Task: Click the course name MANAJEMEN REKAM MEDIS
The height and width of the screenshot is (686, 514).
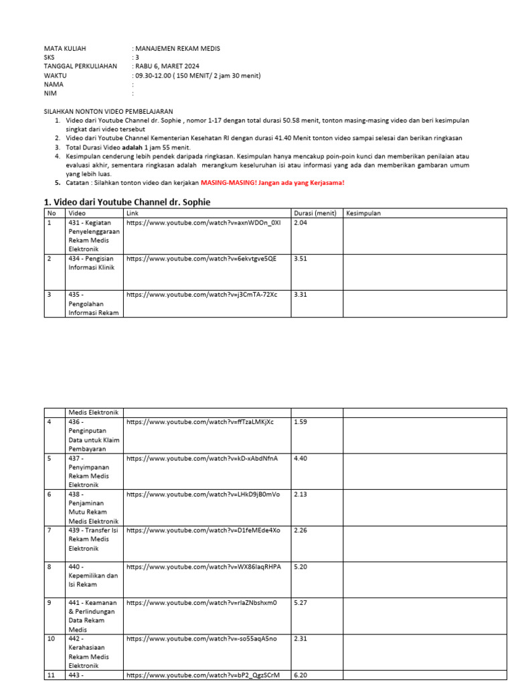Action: (177, 48)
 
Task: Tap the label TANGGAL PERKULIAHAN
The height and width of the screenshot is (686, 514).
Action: (80, 66)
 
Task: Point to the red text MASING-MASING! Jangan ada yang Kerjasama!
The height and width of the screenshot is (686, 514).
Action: (272, 182)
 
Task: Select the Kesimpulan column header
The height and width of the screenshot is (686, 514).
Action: (363, 213)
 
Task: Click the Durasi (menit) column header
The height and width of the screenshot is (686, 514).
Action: (315, 213)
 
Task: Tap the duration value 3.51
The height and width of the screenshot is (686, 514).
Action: (301, 258)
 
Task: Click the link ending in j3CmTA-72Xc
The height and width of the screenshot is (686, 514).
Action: (201, 294)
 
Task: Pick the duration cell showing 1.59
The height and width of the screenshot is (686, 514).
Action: (301, 421)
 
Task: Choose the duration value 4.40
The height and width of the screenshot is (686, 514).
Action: (301, 458)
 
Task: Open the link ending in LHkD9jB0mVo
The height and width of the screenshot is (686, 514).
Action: (203, 494)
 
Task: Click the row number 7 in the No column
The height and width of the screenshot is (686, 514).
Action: (49, 530)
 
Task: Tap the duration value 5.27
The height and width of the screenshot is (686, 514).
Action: (301, 602)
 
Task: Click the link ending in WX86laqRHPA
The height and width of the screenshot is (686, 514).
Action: (203, 566)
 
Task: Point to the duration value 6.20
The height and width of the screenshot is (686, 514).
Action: (301, 675)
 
